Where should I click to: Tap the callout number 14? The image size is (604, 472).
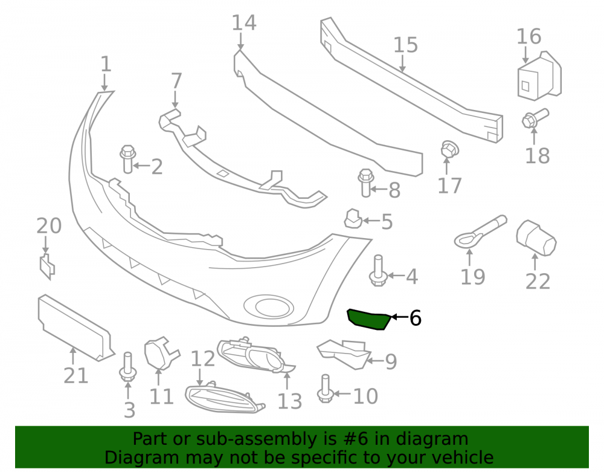click(x=244, y=23)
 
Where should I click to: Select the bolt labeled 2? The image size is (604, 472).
click(x=127, y=159)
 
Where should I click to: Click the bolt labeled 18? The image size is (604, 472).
click(x=535, y=117)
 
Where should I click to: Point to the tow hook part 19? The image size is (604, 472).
click(x=480, y=231)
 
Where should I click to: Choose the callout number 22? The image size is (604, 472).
click(x=538, y=281)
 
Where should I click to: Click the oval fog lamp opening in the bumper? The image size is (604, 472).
click(x=269, y=306)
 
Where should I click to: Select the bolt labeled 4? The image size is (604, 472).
click(x=378, y=271)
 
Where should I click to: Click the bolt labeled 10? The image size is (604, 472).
click(x=325, y=389)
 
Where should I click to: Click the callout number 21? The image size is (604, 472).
click(x=76, y=375)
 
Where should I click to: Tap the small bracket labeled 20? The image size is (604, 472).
click(x=47, y=267)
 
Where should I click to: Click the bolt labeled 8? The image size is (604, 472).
click(x=365, y=183)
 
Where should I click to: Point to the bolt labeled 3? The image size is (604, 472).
click(x=128, y=367)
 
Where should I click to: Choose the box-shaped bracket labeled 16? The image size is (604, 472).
click(x=539, y=76)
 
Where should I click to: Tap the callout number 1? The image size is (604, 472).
click(x=106, y=64)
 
